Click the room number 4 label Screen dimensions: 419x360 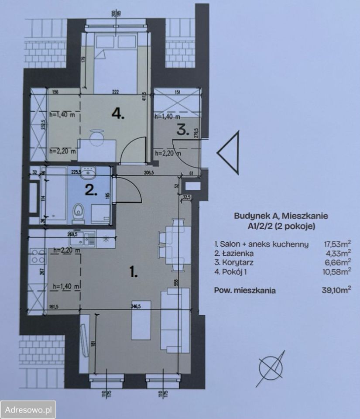click(118, 114)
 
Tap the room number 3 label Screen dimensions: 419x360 click(183, 130)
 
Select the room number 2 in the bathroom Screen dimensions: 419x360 click(90, 190)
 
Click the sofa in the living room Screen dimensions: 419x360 click(175, 320)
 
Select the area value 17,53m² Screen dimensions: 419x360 click(336, 244)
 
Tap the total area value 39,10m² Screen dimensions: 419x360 click(335, 290)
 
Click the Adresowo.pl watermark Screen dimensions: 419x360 click(28, 410)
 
